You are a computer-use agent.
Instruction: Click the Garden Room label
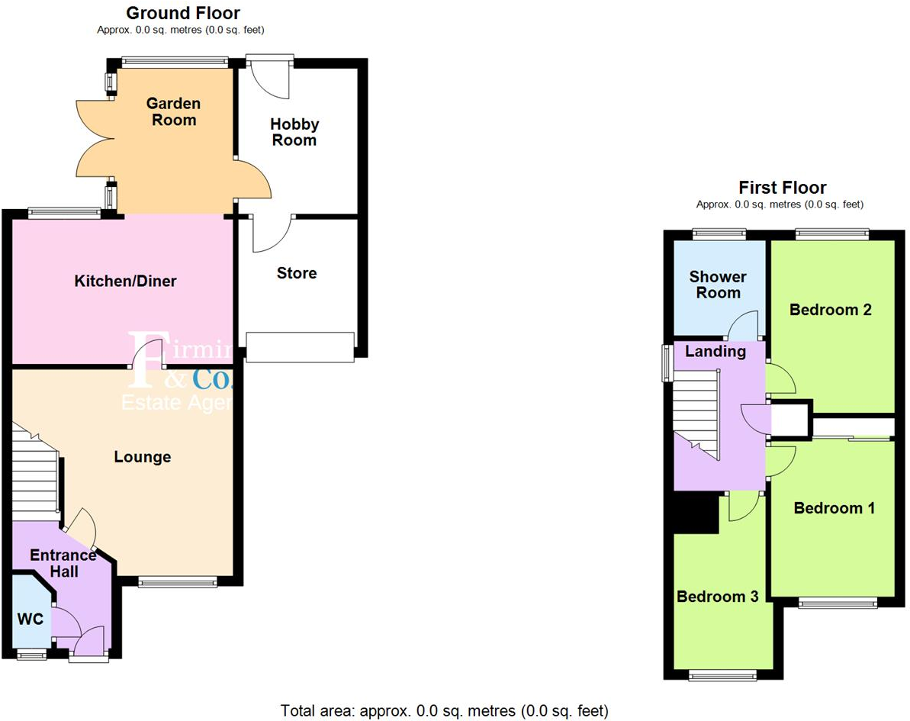tap(173, 111)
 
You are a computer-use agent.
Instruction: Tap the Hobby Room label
tap(294, 132)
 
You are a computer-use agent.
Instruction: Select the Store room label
tap(296, 273)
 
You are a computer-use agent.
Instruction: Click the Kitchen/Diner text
tap(125, 282)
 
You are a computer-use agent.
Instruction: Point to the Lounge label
tap(142, 457)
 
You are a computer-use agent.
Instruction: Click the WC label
tap(30, 619)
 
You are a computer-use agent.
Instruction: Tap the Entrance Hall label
tap(63, 563)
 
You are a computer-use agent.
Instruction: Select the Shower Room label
tap(718, 285)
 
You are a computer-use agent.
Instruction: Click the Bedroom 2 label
tap(830, 310)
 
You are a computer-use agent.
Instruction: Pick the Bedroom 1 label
tap(834, 508)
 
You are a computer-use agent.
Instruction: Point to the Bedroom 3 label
tap(717, 597)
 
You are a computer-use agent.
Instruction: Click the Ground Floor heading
tap(182, 13)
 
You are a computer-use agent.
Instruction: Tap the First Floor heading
tap(782, 188)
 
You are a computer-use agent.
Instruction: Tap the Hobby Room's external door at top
tap(269, 76)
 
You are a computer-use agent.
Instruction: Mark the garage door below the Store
tap(300, 346)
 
